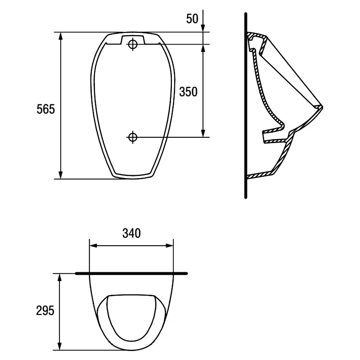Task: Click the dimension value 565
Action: click(x=46, y=109)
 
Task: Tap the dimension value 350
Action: click(x=188, y=92)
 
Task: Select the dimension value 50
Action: click(x=192, y=18)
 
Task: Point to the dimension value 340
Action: click(x=131, y=233)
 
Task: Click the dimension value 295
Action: click(x=45, y=310)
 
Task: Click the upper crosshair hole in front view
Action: click(x=133, y=44)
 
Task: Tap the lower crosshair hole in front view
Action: click(x=133, y=137)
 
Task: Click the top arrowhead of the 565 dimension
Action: click(x=61, y=36)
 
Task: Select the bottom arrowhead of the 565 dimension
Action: click(x=61, y=175)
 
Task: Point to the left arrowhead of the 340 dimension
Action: click(x=94, y=246)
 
